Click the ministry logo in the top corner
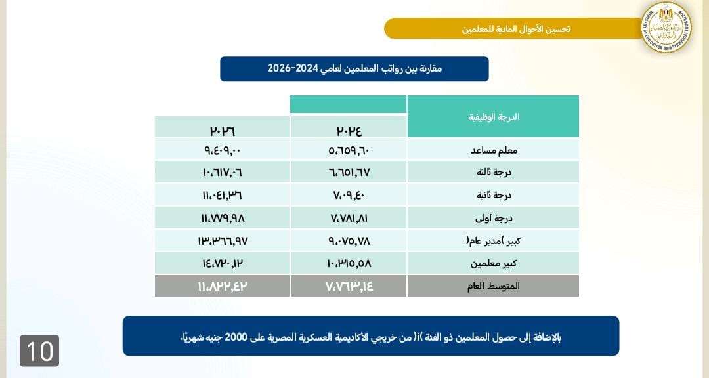coord(666,27)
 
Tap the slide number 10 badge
coord(39,350)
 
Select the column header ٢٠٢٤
coord(349,131)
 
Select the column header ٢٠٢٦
coord(223,131)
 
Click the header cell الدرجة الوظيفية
coord(494,117)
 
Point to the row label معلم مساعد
coord(494,150)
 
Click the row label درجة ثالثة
coord(494,173)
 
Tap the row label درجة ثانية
coord(494,195)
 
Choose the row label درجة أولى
coord(494,218)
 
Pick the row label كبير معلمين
coord(494,263)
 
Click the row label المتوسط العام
coord(494,286)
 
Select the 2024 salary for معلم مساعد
coord(349,150)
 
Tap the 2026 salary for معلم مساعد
coord(223,150)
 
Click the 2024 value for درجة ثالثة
coord(349,173)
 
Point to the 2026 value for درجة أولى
coord(223,218)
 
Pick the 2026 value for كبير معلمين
coord(223,263)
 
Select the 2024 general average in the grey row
coord(349,286)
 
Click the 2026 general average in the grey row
coord(223,286)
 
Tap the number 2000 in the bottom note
coord(236,337)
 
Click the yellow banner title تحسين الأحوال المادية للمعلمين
coord(516,29)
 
